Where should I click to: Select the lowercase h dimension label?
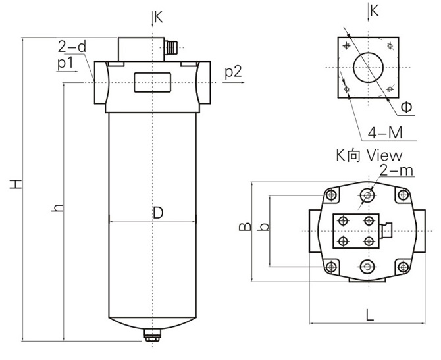tap(58, 208)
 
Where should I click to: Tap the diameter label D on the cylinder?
tap(157, 212)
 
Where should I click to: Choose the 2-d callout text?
tap(72, 47)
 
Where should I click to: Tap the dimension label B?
tap(244, 227)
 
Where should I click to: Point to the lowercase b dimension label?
tap(263, 227)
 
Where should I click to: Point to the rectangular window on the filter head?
tap(152, 83)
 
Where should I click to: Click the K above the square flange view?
tap(375, 11)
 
